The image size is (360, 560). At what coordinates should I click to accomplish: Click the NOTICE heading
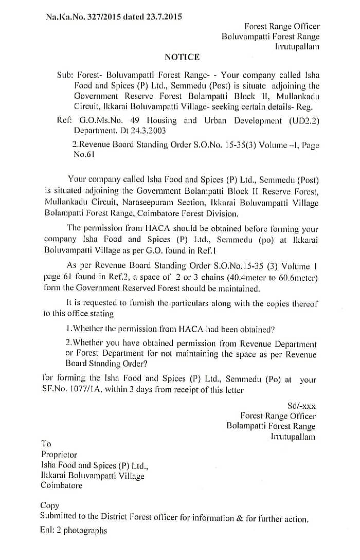pyautogui.click(x=182, y=57)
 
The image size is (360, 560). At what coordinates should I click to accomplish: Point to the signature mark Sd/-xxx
pyautogui.click(x=301, y=406)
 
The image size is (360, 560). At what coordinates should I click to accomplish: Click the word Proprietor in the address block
pyautogui.click(x=59, y=455)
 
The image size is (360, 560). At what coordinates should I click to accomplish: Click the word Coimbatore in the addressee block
pyautogui.click(x=62, y=485)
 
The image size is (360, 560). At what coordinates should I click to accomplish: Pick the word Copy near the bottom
pyautogui.click(x=50, y=505)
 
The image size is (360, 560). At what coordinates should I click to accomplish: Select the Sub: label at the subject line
pyautogui.click(x=65, y=75)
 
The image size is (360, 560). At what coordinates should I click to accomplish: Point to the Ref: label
pyautogui.click(x=64, y=121)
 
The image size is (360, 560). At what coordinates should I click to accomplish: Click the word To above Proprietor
pyautogui.click(x=46, y=444)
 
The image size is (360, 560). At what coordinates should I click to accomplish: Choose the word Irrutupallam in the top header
pyautogui.click(x=297, y=47)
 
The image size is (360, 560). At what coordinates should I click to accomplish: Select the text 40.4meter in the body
pyautogui.click(x=237, y=278)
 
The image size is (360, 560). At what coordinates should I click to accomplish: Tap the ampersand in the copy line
pyautogui.click(x=239, y=518)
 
